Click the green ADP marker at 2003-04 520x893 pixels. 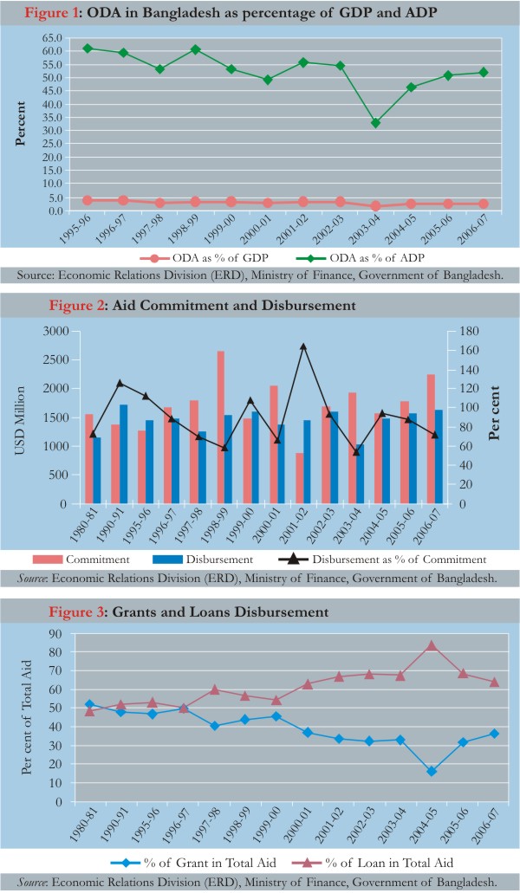point(375,123)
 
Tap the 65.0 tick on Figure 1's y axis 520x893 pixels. point(52,37)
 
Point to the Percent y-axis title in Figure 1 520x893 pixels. point(21,124)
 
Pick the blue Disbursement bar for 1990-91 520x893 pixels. point(124,455)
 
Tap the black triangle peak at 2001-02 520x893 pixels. point(303,346)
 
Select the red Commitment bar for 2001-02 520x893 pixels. point(299,478)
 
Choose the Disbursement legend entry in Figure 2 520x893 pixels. point(203,560)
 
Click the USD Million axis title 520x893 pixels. point(20,420)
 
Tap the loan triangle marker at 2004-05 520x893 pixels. point(432,645)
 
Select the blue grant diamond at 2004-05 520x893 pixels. point(432,771)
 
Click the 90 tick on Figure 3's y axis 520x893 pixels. point(55,633)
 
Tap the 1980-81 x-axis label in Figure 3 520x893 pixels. point(84,825)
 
